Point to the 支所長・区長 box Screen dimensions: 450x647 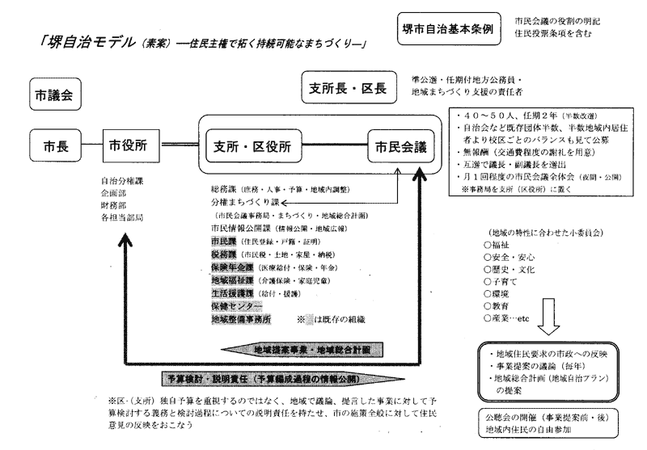[x=351, y=86]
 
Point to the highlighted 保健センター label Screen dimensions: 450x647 [x=236, y=307]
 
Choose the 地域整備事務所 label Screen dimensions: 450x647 [x=241, y=320]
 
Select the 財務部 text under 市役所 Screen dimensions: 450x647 [x=113, y=206]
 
